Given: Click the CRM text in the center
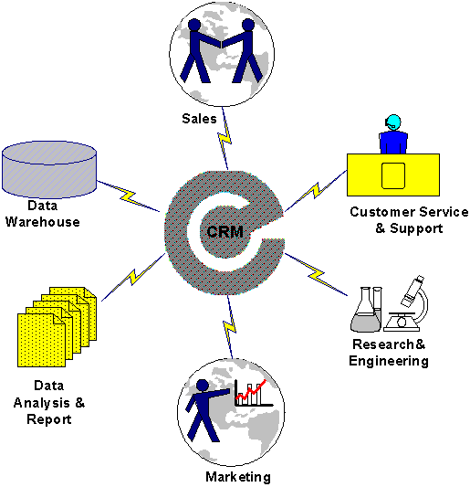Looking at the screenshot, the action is pos(225,232).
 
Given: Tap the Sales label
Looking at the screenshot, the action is pos(199,119).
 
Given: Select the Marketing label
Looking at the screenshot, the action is pos(238,477).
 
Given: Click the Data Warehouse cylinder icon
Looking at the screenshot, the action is pos(49,169).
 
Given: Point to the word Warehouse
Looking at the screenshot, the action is pos(43,222).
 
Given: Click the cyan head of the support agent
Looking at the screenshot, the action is pos(393,122).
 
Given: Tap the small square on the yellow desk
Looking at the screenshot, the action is pos(393,175).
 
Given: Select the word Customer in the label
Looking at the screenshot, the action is pos(382,212).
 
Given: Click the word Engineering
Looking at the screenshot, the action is pos(389,361).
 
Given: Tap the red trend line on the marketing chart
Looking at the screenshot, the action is pos(251,390).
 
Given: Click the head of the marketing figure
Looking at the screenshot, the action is pos(203,386).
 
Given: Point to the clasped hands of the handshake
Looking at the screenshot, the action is pos(222,44).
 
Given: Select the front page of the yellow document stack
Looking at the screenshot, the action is pos(41,340).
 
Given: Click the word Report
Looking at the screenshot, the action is pos(49,419).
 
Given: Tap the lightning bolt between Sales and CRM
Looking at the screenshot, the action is pos(225,139).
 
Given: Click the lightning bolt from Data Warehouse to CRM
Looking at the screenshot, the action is pos(129,196).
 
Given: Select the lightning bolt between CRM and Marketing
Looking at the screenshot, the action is pos(230,326).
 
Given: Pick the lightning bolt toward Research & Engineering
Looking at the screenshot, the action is pos(316,274).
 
